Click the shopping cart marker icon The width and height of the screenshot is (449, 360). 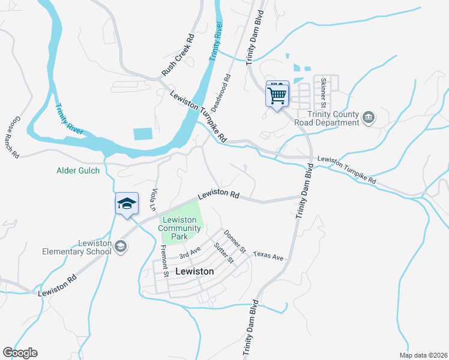coord(277,94)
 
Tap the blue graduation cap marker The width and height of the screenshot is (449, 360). coord(127,203)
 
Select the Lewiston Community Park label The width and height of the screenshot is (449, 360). coord(180,228)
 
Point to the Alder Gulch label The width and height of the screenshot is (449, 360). coord(77,170)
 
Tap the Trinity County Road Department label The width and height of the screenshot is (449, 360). coord(327,118)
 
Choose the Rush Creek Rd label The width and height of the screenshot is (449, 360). coord(178,54)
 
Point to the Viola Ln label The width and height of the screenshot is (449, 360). coord(154,200)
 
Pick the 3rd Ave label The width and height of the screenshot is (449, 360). coord(189,253)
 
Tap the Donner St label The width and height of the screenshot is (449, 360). coord(235,240)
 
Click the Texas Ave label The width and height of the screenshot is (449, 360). coord(268,256)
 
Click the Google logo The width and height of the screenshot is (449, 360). coord(20,353)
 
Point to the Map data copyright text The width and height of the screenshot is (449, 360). coord(423,355)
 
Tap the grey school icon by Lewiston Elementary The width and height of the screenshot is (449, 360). coord(121,247)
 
